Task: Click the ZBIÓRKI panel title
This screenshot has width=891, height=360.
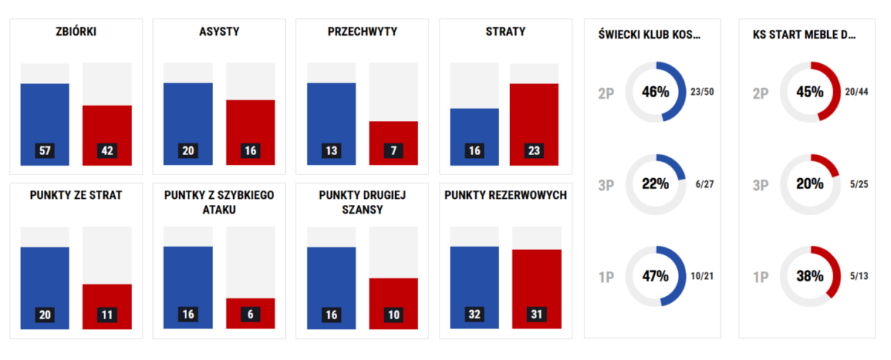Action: (x=76, y=32)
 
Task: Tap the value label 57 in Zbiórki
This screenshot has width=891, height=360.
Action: (x=45, y=151)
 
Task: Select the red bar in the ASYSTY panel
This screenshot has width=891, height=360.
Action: (x=250, y=126)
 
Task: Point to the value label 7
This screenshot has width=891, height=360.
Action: (x=394, y=151)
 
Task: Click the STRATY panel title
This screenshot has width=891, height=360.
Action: (x=506, y=32)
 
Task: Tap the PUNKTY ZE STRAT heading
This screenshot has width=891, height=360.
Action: (x=76, y=195)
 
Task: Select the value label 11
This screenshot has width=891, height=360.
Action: (x=107, y=315)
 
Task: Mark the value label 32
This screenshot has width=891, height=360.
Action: (x=474, y=315)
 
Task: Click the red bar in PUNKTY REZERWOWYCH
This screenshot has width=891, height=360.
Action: (x=536, y=286)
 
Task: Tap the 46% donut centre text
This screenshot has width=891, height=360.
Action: (x=656, y=92)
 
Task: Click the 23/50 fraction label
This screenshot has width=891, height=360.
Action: (x=702, y=92)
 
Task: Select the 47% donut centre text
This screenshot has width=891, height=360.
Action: (x=656, y=276)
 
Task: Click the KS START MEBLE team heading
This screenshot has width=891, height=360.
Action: (x=803, y=34)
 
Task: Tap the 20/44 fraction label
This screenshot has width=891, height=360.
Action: (x=856, y=92)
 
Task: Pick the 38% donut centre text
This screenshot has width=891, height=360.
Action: (x=810, y=276)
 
